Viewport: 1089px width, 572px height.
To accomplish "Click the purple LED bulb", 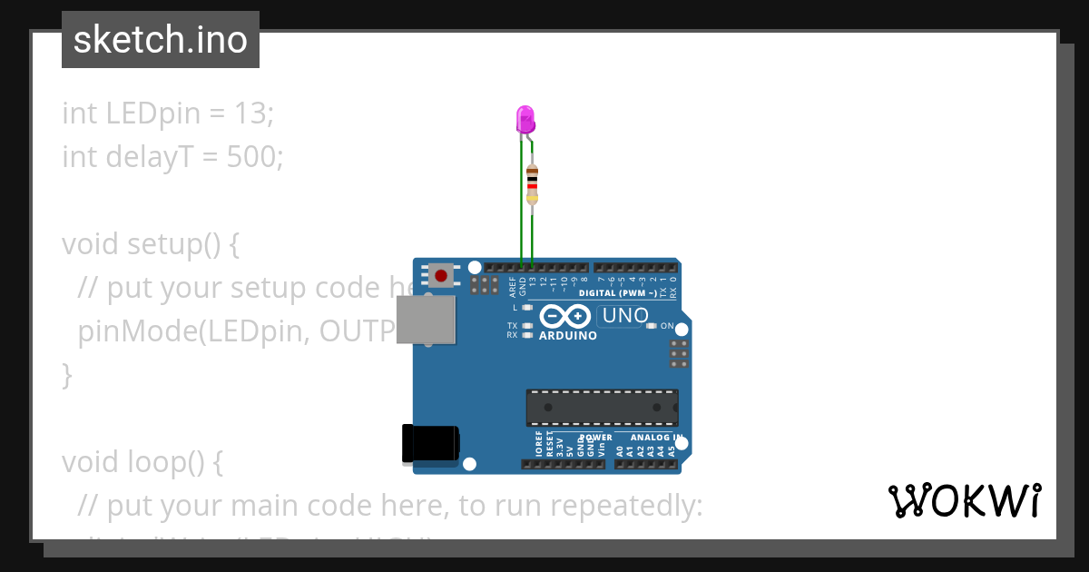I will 525,119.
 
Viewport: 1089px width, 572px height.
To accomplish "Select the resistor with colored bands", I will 532,185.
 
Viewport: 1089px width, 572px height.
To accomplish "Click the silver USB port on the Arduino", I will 426,320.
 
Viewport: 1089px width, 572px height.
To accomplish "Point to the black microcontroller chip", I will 602,408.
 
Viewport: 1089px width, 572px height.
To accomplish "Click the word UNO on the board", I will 626,316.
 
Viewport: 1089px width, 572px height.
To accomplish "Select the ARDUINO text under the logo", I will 568,335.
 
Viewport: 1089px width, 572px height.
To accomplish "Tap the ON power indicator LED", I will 651,326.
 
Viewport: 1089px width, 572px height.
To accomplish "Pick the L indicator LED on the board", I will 527,308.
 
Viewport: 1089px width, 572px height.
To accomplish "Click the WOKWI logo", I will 965,500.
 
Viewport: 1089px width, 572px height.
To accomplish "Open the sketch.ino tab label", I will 161,40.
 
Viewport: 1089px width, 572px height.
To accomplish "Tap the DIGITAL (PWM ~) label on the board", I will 617,293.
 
